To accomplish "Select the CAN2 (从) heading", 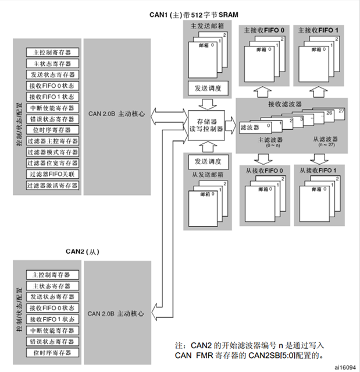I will (83, 251).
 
